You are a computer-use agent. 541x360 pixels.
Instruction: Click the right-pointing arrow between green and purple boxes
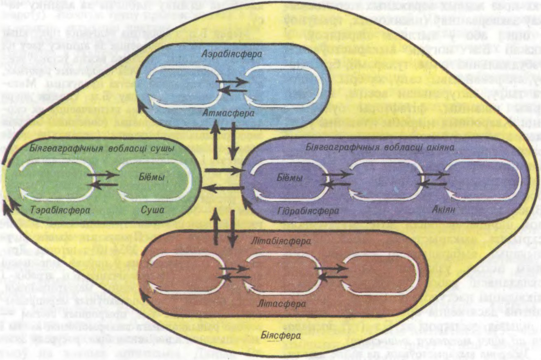223,170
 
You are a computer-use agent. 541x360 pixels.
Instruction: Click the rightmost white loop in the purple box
483,180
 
